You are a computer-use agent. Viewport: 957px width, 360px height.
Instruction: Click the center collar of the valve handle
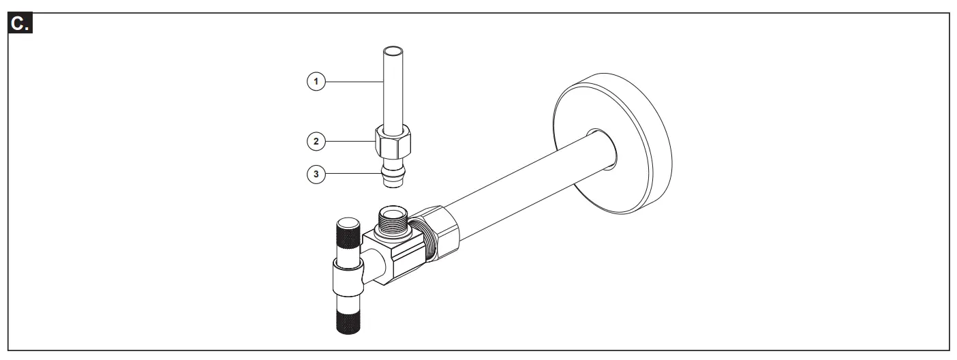pos(349,279)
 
